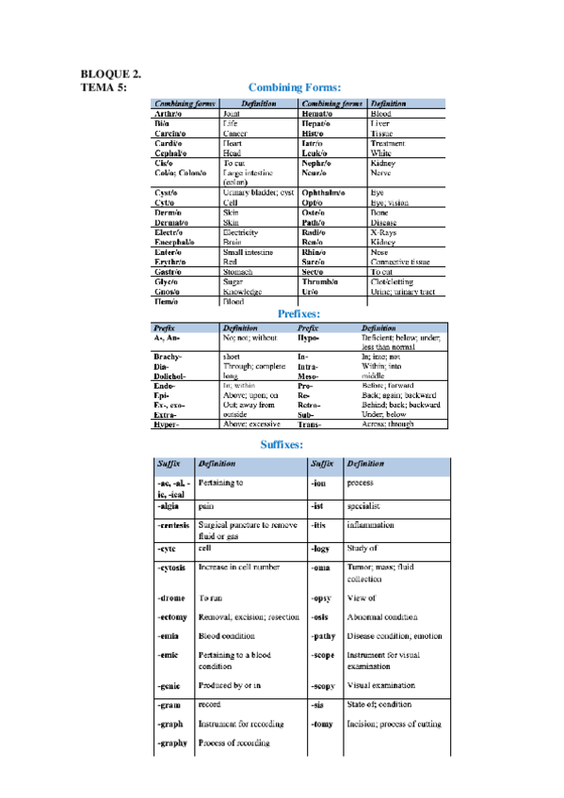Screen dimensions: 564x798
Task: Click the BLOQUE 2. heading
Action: tap(111, 73)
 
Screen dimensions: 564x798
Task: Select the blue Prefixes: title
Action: tap(299, 313)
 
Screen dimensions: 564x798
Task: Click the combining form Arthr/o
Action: tap(168, 113)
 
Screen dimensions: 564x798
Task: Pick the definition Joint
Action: tap(232, 113)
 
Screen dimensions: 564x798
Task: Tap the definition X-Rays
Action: tap(382, 231)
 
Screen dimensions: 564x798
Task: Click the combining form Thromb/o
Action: tap(322, 281)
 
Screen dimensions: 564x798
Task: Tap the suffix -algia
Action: tap(169, 505)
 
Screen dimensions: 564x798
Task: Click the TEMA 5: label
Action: tap(105, 87)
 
